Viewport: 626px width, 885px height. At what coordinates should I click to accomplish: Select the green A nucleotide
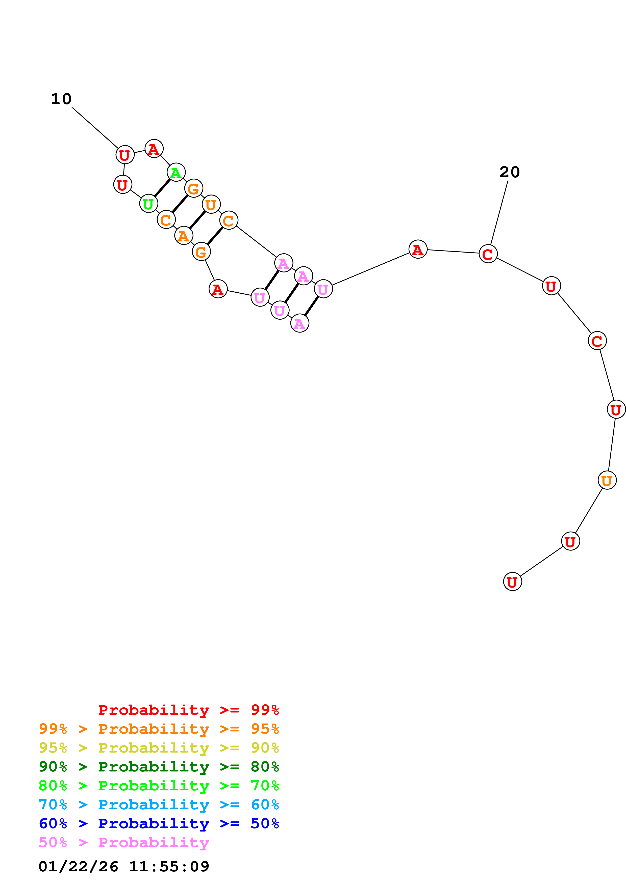[176, 172]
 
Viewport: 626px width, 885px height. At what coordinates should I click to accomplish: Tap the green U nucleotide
[148, 204]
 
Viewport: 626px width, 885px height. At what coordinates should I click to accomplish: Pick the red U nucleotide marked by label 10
[124, 155]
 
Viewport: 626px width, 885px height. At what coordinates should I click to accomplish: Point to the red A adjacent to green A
[154, 149]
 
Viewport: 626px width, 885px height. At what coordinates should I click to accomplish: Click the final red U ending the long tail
[512, 582]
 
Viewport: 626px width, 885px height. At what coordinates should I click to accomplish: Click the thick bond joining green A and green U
[162, 188]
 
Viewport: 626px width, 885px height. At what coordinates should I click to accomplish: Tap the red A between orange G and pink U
[218, 289]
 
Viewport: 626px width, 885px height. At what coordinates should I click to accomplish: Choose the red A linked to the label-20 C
[418, 250]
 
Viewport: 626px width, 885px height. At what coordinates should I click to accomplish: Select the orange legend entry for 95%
[159, 729]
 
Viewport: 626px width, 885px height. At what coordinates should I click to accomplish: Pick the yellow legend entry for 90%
[159, 748]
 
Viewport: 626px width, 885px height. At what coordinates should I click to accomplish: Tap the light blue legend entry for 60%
[159, 805]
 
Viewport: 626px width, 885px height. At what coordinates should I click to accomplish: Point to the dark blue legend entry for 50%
[159, 823]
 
